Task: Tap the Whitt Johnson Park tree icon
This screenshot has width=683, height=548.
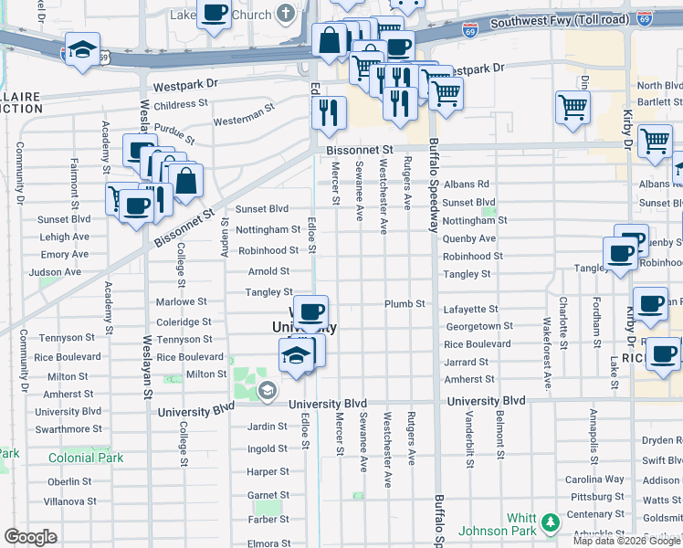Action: pyautogui.click(x=550, y=522)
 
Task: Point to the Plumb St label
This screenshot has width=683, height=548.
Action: pyautogui.click(x=405, y=303)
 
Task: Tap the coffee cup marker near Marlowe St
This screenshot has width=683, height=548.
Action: pyautogui.click(x=310, y=312)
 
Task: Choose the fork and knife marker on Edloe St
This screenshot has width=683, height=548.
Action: pyautogui.click(x=329, y=112)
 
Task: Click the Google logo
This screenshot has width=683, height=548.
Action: pyautogui.click(x=30, y=537)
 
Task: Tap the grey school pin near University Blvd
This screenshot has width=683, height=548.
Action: pyautogui.click(x=267, y=392)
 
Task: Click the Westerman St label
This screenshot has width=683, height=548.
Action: pyautogui.click(x=244, y=119)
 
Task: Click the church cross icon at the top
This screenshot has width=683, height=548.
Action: pyautogui.click(x=286, y=15)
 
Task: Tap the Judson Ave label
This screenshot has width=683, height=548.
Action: pyautogui.click(x=55, y=272)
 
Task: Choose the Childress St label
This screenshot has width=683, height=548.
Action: pyautogui.click(x=182, y=105)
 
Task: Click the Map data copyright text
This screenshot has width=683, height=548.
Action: pyautogui.click(x=625, y=541)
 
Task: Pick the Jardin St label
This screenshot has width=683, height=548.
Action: pyautogui.click(x=268, y=427)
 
